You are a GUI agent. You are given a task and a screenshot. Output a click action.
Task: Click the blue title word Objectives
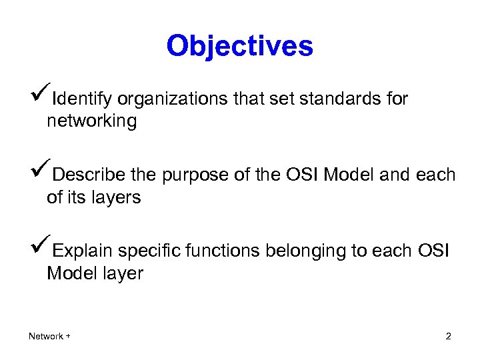click(239, 46)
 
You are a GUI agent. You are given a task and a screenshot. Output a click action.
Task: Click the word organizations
click(173, 100)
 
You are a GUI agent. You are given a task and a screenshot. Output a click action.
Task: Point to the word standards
click(340, 99)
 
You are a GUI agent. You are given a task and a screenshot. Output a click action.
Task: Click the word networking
click(91, 122)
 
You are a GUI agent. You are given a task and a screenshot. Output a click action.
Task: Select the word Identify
click(83, 100)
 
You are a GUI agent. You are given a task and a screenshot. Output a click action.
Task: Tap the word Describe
click(89, 175)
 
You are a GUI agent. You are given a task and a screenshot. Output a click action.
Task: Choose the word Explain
click(83, 251)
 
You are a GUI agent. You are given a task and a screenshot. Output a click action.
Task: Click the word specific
click(149, 251)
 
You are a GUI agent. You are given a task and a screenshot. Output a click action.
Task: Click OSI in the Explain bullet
click(435, 251)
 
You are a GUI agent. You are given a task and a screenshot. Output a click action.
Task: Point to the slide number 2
click(448, 336)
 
